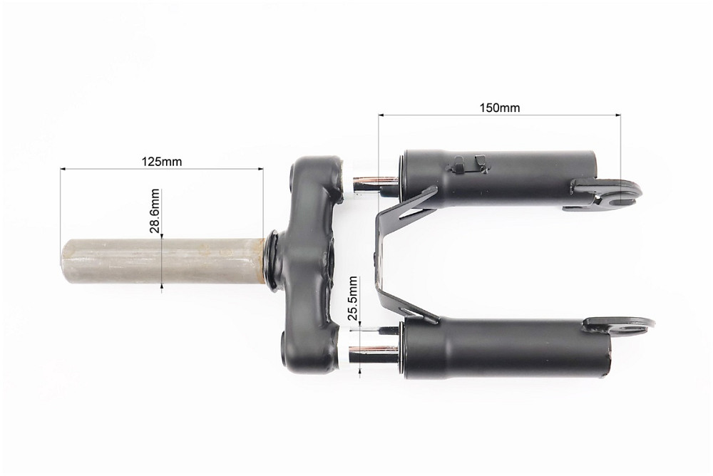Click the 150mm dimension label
499,108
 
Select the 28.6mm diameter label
155,210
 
